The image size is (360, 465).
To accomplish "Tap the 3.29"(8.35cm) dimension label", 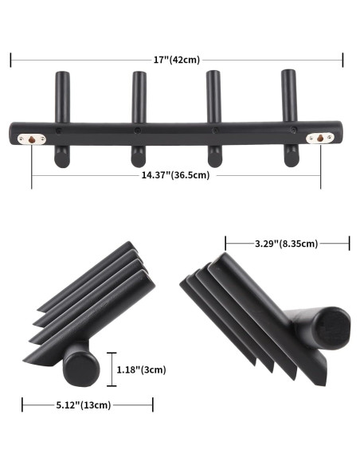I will pos(288,244).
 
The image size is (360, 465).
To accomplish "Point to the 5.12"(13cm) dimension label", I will pos(88,405).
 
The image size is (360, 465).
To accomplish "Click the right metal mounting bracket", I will pos(320,138).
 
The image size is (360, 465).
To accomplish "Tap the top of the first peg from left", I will pos(61,76).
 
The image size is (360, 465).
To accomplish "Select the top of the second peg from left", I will pos(139,76).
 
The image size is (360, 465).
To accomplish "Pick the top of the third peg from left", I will pos(213,76).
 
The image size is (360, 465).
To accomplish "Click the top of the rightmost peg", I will pos(288,74).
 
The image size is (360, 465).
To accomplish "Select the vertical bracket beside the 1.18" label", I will pos(112,369).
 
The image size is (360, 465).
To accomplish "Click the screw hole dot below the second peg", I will pos(139,130).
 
